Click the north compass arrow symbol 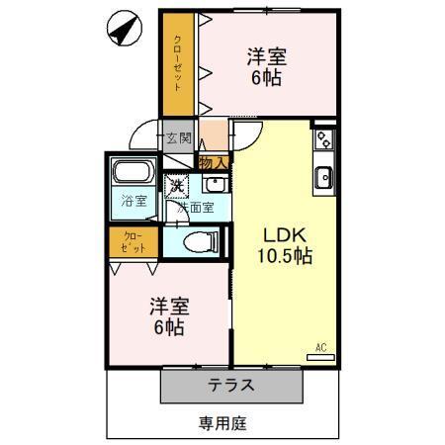[124, 29]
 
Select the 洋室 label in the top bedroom [265, 58]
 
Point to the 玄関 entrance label [178, 138]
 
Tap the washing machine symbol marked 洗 [176, 184]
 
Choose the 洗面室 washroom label [196, 209]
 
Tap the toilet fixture [199, 240]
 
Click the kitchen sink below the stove [323, 178]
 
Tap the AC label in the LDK [320, 346]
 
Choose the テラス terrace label [230, 386]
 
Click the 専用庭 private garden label [222, 423]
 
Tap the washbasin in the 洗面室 [214, 184]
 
